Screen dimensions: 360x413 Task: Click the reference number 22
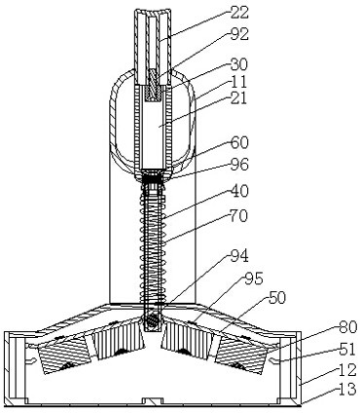(x=239, y=13)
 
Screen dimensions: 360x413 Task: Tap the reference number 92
(x=239, y=34)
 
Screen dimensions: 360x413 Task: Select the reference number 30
(x=238, y=64)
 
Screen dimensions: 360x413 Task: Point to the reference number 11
(x=238, y=82)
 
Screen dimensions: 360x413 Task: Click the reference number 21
(x=238, y=98)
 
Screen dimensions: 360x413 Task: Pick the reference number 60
(x=239, y=143)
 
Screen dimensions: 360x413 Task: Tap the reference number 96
(x=239, y=165)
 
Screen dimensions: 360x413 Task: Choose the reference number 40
(x=239, y=191)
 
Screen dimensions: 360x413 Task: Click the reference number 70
(x=238, y=215)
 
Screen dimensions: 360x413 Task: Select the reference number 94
(x=239, y=256)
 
